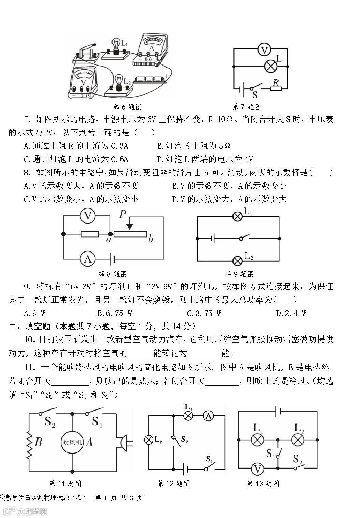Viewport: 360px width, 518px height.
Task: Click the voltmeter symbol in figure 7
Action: point(264,50)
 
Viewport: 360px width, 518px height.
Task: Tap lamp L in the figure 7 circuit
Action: point(271,66)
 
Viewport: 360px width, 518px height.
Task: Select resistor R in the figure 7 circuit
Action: point(276,89)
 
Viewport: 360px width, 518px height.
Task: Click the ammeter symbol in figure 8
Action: point(88,259)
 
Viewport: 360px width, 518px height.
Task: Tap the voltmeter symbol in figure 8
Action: point(88,216)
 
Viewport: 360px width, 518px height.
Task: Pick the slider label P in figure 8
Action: point(123,214)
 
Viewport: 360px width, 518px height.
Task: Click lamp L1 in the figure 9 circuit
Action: point(238,216)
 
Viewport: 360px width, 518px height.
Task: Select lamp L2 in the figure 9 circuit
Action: point(238,261)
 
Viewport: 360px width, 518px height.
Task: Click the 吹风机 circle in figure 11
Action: point(72,443)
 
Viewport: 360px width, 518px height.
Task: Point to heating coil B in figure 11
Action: point(30,443)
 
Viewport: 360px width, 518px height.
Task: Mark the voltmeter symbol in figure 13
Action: point(258,469)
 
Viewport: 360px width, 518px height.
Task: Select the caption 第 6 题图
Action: point(127,107)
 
